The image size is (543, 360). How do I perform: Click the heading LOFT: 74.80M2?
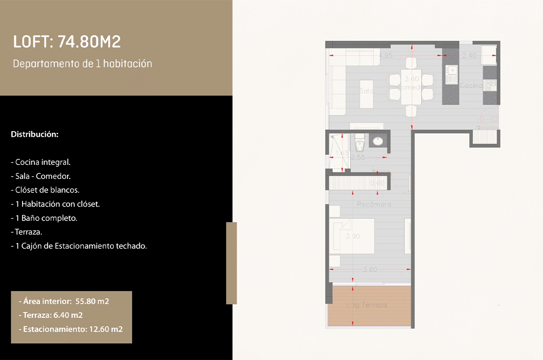pyautogui.click(x=67, y=43)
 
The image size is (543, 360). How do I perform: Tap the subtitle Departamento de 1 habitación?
pyautogui.click(x=82, y=64)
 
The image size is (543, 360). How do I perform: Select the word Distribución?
pyautogui.click(x=34, y=134)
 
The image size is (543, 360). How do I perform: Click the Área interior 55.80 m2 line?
pyautogui.click(x=64, y=301)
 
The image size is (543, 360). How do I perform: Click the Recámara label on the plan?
pyautogui.click(x=374, y=204)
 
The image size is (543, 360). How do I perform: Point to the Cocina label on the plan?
pyautogui.click(x=471, y=85)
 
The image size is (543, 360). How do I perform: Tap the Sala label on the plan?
pyautogui.click(x=367, y=91)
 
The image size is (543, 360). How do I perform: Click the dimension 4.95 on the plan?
pyautogui.click(x=386, y=56)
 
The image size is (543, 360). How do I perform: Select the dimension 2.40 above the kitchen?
pyautogui.click(x=469, y=56)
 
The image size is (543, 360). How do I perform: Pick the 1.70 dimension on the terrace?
pyautogui.click(x=352, y=306)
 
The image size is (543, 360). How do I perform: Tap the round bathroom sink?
pyautogui.click(x=377, y=141)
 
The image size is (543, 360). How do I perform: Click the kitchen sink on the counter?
pyautogui.click(x=451, y=75)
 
